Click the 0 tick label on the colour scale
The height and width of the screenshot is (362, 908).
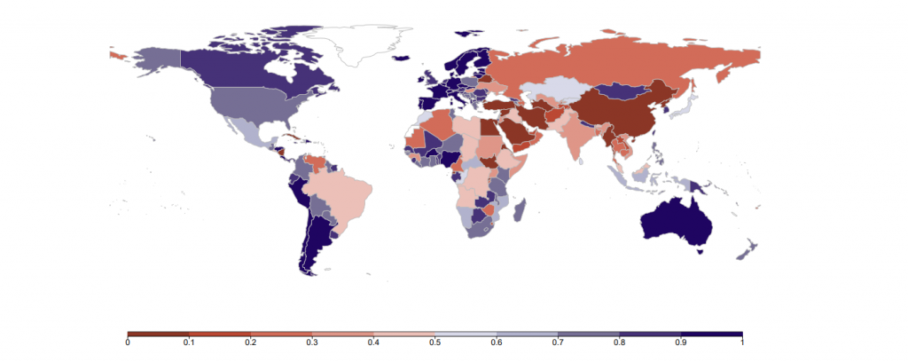[x=129, y=342]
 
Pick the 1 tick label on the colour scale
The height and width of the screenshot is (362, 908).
[x=741, y=342]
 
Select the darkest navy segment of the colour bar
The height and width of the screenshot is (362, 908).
[x=711, y=334]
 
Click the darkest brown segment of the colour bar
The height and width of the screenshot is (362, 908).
[x=159, y=334]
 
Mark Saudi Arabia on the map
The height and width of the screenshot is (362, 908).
[x=515, y=134]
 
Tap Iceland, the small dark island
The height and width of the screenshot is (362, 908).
[x=403, y=58]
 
